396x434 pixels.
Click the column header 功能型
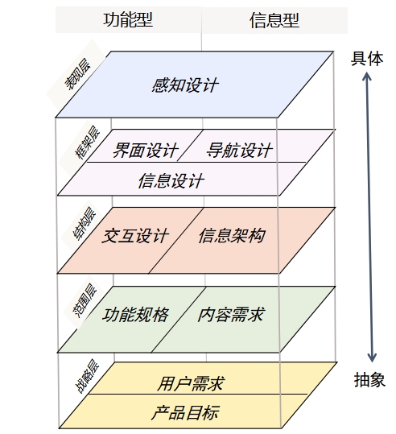click(128, 20)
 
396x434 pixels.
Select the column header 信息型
click(274, 20)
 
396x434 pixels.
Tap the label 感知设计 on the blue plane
click(185, 85)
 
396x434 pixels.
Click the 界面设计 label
click(146, 151)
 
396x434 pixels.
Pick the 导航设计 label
click(239, 151)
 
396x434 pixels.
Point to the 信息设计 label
click(171, 181)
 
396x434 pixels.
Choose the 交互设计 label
click(135, 236)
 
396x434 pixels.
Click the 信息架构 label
click(232, 236)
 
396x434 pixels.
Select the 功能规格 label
click(135, 315)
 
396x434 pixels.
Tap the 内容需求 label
click(231, 314)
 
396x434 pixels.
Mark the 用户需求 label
click(191, 383)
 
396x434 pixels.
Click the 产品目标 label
click(186, 413)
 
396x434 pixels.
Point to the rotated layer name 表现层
click(78, 74)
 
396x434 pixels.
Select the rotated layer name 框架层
click(88, 143)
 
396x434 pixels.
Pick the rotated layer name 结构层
click(85, 224)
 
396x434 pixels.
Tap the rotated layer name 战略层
click(87, 376)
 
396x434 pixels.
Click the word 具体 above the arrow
click(367, 59)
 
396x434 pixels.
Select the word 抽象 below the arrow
click(369, 379)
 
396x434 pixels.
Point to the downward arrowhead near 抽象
click(372, 358)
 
